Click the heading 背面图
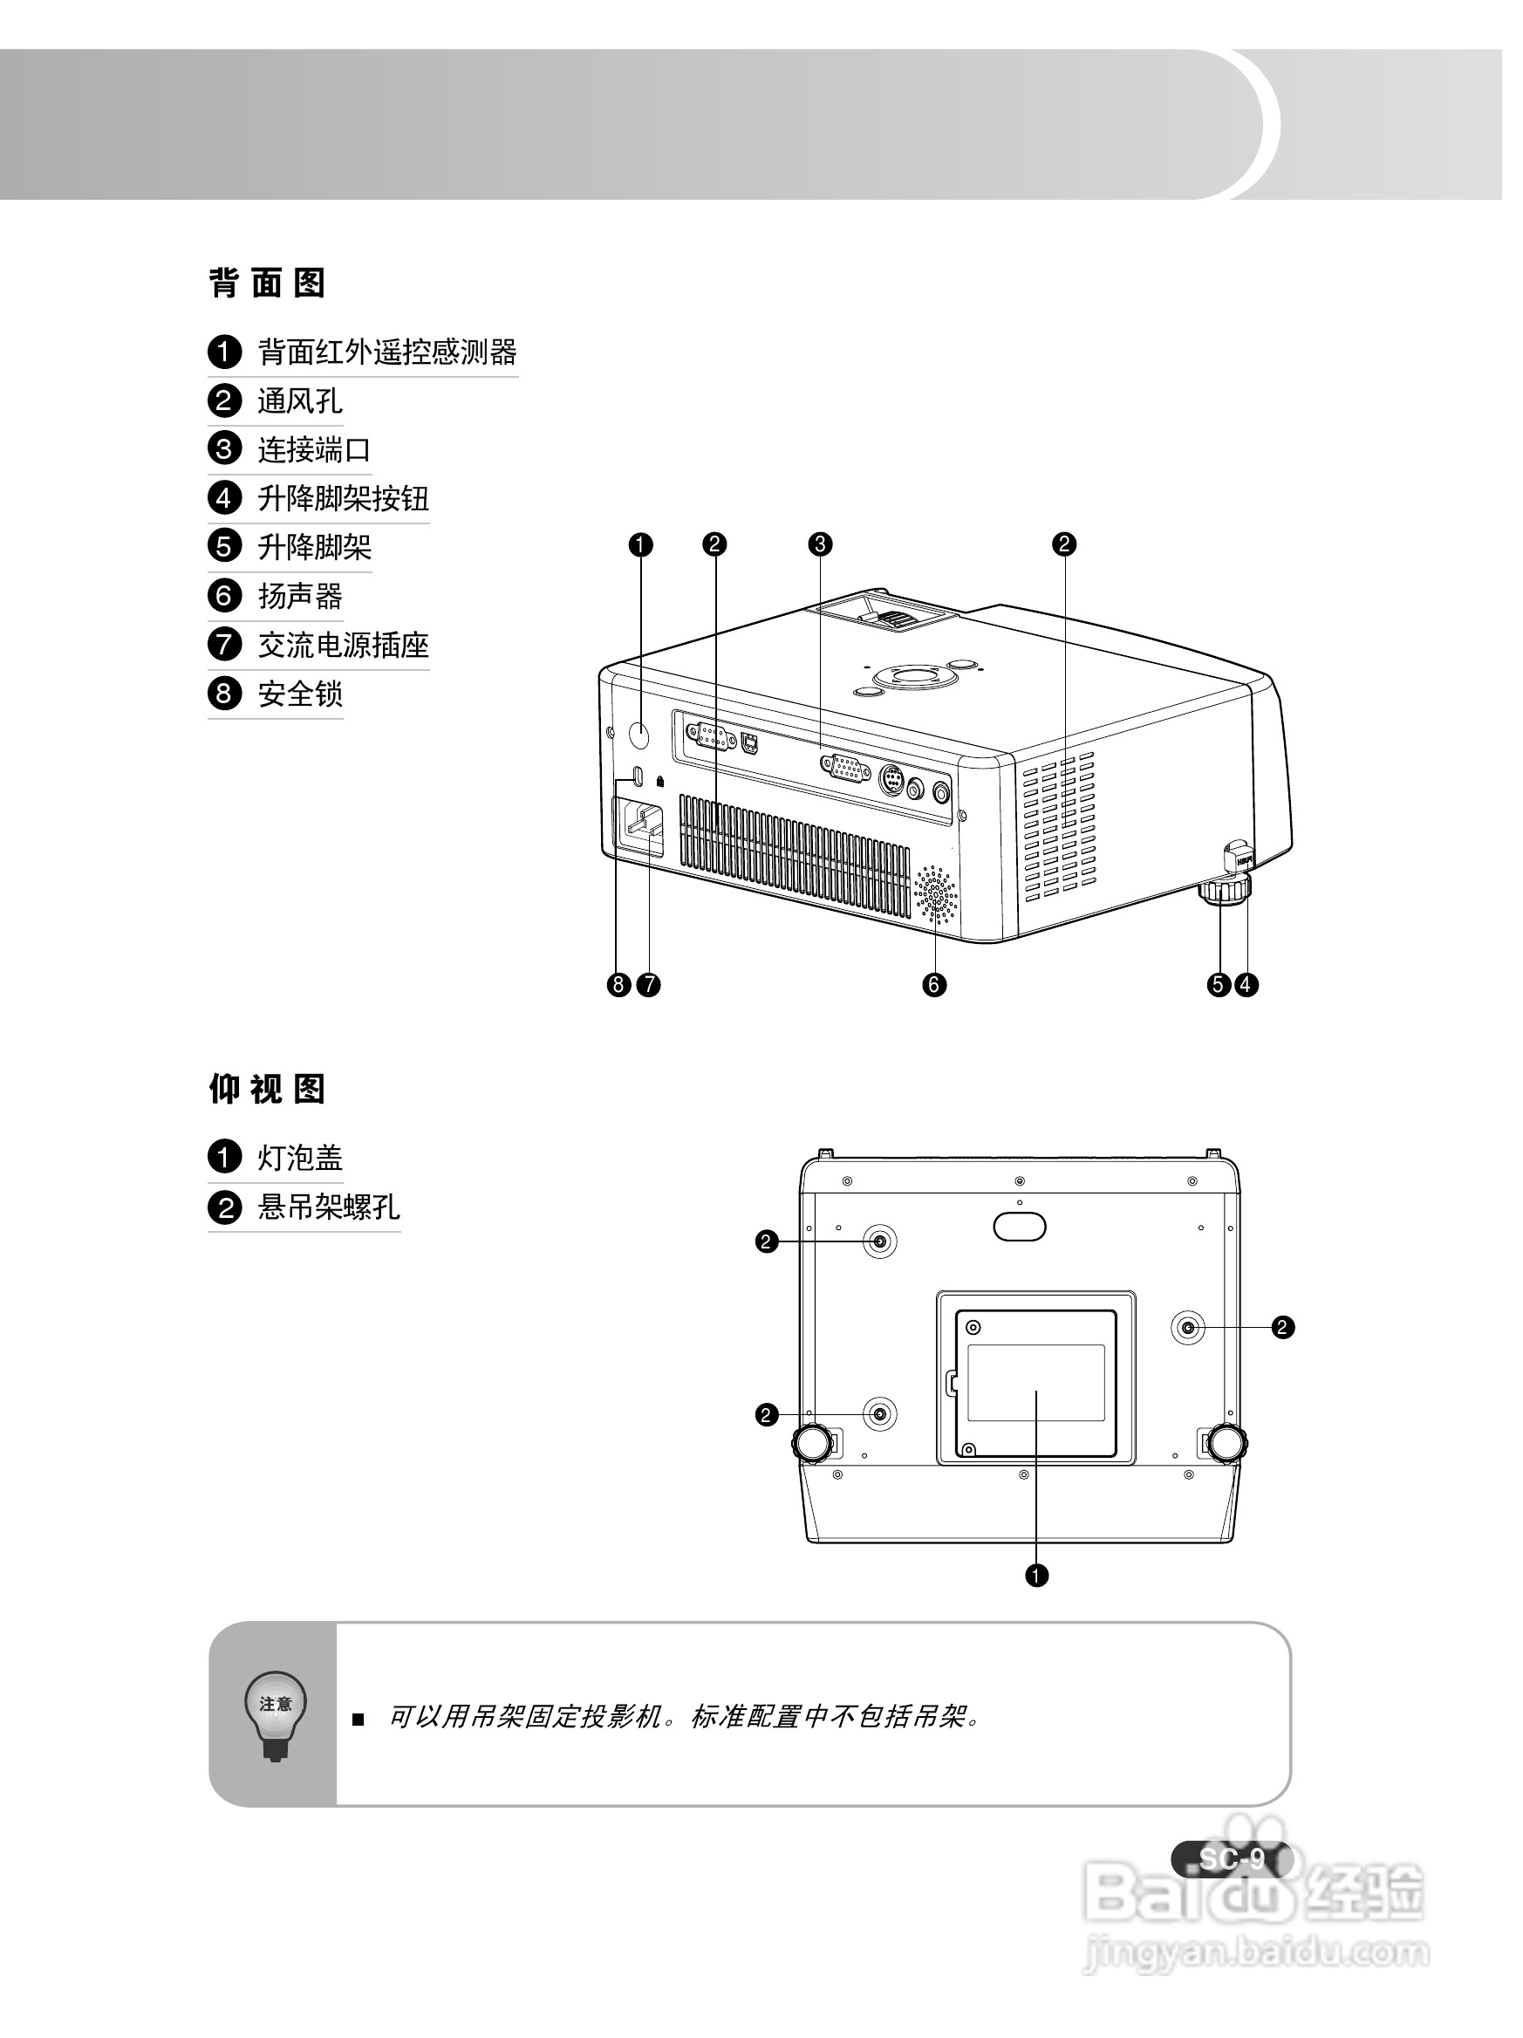coord(267,283)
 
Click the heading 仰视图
coord(267,1089)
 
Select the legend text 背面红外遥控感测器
coord(387,352)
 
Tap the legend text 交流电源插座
coord(343,645)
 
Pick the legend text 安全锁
coord(299,694)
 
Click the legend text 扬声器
coord(299,596)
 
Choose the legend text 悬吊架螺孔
coord(328,1207)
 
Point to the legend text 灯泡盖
coord(299,1158)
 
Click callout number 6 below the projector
coord(933,985)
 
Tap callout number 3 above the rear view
coord(819,544)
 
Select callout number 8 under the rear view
coord(618,985)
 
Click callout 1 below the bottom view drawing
coord(1036,1576)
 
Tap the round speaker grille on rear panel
coord(935,893)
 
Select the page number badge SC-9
coord(1231,1859)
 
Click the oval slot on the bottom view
coord(1020,1227)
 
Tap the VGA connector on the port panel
coord(844,767)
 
